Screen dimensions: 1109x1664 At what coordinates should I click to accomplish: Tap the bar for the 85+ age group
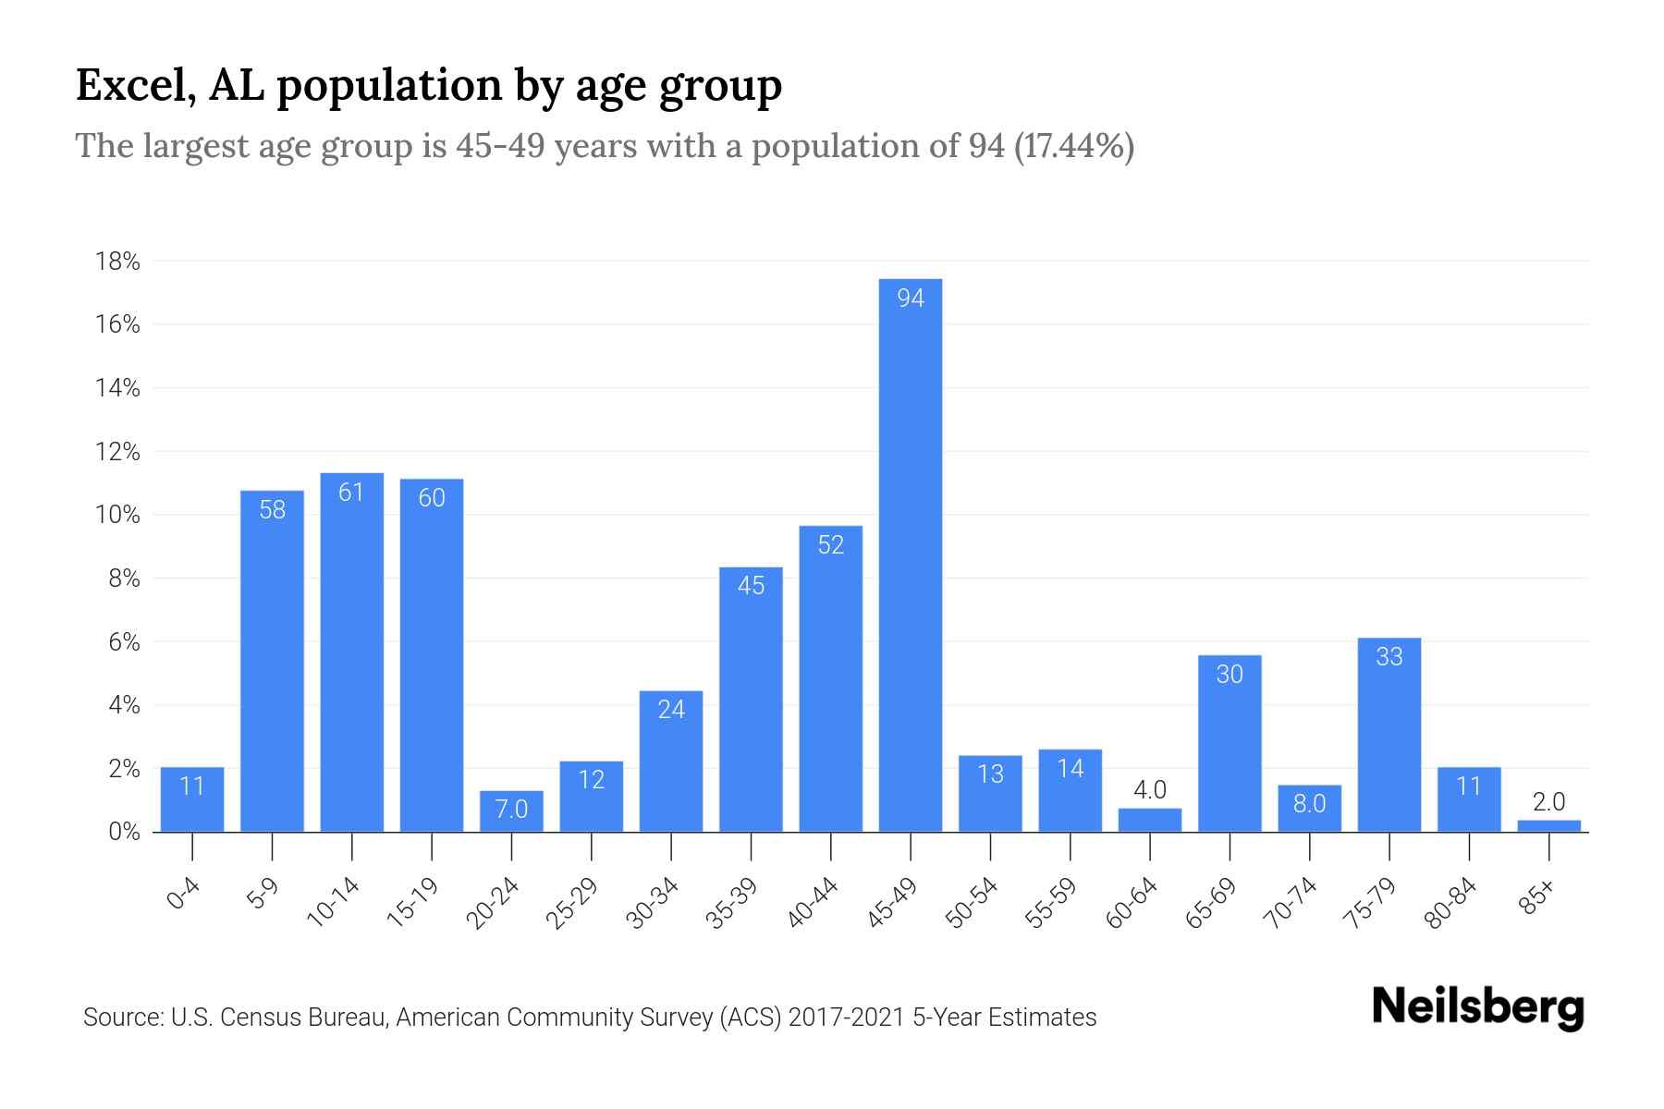click(x=1548, y=825)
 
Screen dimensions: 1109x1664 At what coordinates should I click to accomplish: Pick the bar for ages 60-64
click(x=1150, y=820)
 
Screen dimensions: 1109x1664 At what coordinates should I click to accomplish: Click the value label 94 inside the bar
click(x=911, y=298)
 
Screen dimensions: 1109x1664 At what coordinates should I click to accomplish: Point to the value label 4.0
click(x=1150, y=790)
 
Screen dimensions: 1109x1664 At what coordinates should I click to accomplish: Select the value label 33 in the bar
click(x=1389, y=656)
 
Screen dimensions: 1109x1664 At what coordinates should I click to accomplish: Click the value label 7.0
click(x=511, y=810)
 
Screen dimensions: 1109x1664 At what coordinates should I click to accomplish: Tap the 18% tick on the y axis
click(x=118, y=262)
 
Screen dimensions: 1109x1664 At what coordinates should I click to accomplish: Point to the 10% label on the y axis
click(x=118, y=515)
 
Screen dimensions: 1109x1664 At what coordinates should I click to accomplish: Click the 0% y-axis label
click(x=124, y=832)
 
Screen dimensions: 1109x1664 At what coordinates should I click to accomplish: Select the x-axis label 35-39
click(x=731, y=903)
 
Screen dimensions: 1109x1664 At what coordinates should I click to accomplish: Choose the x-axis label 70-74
click(x=1290, y=903)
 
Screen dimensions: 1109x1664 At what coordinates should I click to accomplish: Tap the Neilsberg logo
click(x=1477, y=1007)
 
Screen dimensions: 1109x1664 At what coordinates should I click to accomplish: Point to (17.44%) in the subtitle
click(x=1074, y=146)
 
